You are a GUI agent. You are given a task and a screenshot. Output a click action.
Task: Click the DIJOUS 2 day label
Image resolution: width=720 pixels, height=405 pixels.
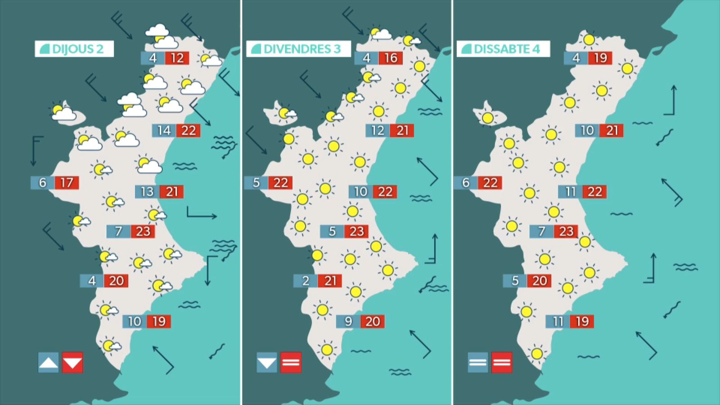tap(74, 49)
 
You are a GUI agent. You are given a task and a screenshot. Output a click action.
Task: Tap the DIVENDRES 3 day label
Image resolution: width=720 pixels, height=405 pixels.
tap(298, 49)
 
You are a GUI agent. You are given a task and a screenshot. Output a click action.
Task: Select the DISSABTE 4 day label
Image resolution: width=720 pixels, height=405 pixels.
tap(503, 49)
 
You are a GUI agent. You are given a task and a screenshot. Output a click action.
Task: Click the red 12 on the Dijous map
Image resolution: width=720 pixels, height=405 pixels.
tap(177, 58)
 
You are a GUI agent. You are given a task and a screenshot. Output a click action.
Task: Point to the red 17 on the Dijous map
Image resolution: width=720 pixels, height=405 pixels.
tap(67, 183)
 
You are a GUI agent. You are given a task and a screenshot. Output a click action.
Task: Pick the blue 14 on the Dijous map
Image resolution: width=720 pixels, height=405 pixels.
tap(164, 130)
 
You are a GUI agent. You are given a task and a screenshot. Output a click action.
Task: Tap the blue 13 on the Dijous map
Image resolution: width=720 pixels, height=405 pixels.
tap(147, 192)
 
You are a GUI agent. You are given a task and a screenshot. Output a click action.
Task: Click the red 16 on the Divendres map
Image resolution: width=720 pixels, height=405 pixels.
tap(391, 58)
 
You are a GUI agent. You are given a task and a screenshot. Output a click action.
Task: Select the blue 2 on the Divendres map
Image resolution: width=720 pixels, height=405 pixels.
tap(306, 281)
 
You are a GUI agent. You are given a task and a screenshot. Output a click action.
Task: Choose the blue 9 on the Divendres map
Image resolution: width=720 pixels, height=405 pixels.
tap(348, 321)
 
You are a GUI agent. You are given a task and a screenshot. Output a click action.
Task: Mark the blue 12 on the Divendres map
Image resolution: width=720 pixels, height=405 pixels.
tap(378, 130)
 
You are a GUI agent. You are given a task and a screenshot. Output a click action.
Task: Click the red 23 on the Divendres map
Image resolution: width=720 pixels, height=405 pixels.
tap(357, 231)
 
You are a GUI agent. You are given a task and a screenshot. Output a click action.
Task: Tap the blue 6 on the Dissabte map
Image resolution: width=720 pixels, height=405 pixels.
tap(466, 183)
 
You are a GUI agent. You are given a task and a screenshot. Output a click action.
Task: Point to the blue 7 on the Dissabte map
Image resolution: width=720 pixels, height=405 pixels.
tap(542, 231)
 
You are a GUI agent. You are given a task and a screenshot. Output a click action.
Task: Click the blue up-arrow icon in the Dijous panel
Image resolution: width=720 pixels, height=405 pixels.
tap(49, 362)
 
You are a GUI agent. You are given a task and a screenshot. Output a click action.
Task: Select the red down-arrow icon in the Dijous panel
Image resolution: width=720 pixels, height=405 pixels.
tap(72, 362)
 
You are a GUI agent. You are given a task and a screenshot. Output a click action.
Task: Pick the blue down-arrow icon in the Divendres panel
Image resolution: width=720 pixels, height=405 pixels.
tap(267, 362)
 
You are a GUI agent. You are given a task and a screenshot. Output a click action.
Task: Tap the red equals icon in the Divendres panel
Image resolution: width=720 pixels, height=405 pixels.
tap(291, 362)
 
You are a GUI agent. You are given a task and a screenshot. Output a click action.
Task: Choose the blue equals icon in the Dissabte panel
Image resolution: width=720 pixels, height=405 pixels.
tap(477, 362)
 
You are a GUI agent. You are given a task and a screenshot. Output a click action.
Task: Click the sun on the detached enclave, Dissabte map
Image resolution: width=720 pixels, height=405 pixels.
tap(488, 118)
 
